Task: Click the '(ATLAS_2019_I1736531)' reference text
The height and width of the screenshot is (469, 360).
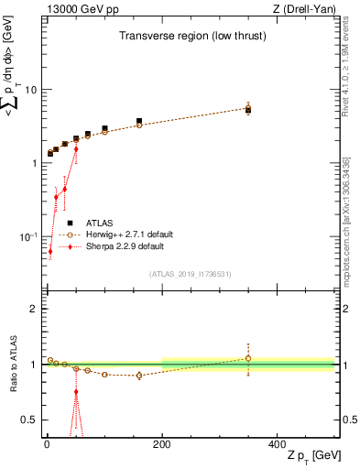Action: (190, 274)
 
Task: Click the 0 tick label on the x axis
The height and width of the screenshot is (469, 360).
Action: (47, 442)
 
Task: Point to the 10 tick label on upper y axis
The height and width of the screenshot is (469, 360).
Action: (29, 90)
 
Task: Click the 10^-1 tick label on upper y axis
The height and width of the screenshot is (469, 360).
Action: (27, 236)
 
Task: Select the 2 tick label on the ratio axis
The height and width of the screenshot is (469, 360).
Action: (33, 310)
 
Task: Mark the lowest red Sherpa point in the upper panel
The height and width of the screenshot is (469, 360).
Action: (50, 251)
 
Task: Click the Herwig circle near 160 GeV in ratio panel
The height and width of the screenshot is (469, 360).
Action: (139, 376)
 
